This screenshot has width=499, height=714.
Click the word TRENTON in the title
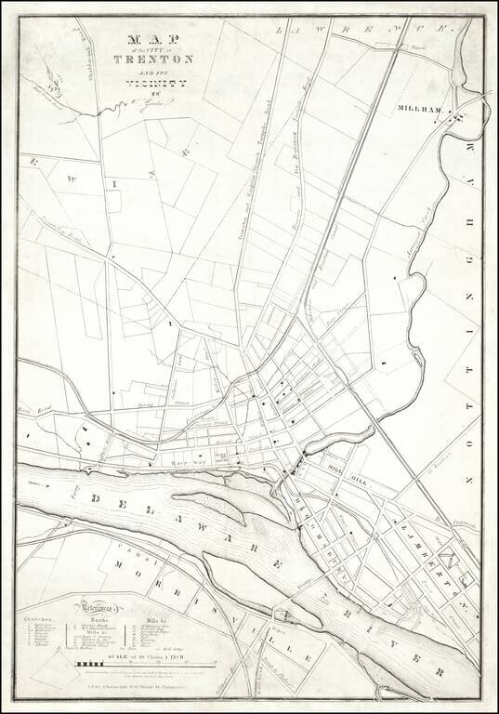(x=153, y=59)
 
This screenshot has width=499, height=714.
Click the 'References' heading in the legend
(x=99, y=601)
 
